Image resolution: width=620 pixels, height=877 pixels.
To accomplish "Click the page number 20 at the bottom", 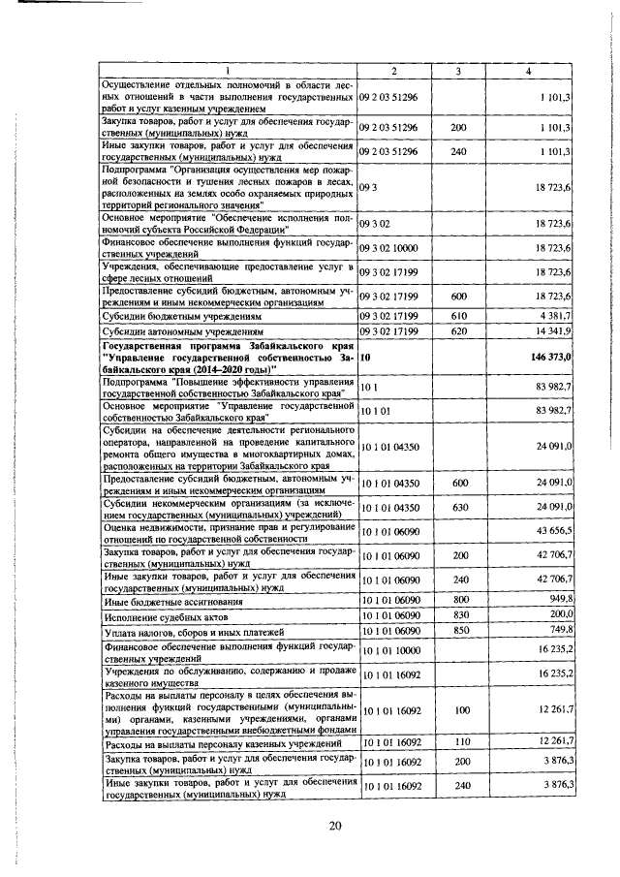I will tap(335, 826).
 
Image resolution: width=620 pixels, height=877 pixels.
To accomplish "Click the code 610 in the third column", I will tap(459, 316).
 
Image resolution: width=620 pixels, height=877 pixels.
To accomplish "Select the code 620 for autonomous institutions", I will tap(459, 331).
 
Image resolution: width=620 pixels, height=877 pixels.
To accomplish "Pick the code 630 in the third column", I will tap(459, 507).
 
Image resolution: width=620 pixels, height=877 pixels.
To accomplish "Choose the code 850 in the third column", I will tap(459, 630).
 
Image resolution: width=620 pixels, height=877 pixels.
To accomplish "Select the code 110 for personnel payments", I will tap(459, 741).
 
